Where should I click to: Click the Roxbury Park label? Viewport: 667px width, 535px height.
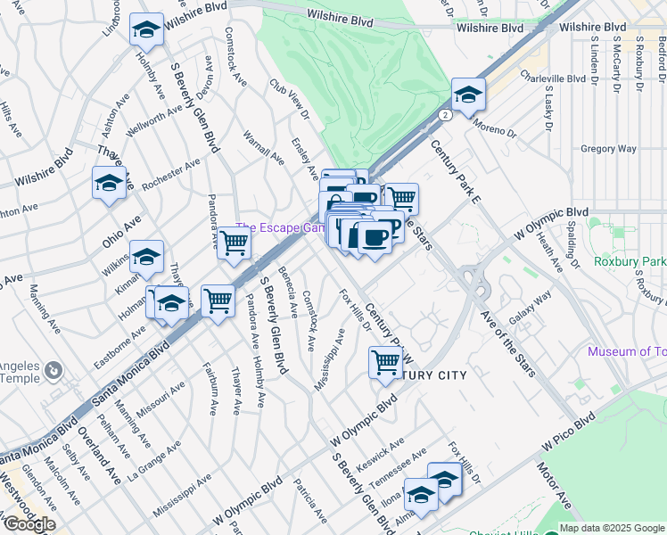pos(630,263)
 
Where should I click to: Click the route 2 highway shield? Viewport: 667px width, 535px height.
pos(443,115)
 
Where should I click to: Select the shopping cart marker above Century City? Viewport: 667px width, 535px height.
pos(384,361)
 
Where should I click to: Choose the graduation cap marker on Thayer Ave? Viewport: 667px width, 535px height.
pos(109,185)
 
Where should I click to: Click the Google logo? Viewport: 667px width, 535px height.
pos(29,524)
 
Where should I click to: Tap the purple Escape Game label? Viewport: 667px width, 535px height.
pos(278,228)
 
